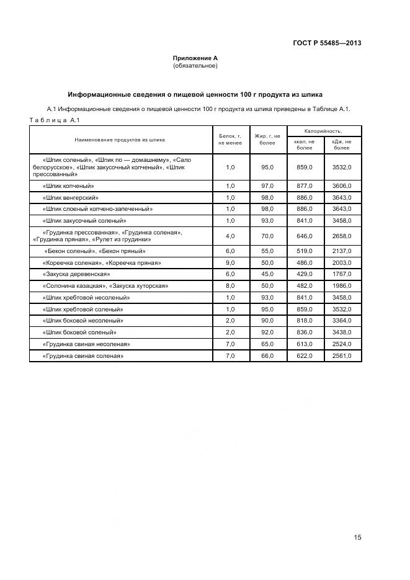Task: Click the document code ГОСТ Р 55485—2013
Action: click(x=327, y=43)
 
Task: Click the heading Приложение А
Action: click(x=195, y=58)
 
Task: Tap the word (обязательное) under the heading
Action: click(x=195, y=65)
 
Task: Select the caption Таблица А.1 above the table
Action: click(x=51, y=120)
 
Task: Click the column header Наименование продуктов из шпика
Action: click(x=120, y=140)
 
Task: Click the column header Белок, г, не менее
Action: click(x=230, y=139)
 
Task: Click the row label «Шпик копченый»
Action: click(x=68, y=186)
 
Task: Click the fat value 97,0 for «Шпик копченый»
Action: click(x=267, y=186)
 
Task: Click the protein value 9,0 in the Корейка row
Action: click(x=230, y=263)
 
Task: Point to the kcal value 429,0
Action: click(x=305, y=274)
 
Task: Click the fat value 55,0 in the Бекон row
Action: click(x=267, y=251)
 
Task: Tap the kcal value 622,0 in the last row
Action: click(x=305, y=356)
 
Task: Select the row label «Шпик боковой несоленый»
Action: click(x=82, y=321)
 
